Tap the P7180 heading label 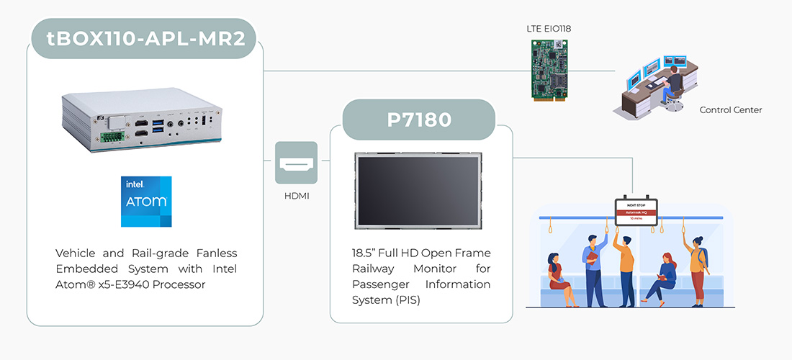[x=419, y=120]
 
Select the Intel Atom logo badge [x=146, y=201]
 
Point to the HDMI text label [x=296, y=196]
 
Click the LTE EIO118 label [x=549, y=28]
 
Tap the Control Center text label [x=730, y=110]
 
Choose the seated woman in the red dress [x=556, y=272]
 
